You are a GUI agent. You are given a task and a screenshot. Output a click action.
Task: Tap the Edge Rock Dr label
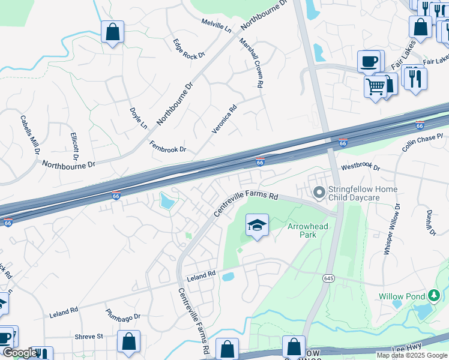189,48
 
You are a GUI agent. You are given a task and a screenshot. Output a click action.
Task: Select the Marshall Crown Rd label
252,64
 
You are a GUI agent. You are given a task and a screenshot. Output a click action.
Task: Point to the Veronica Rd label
224,119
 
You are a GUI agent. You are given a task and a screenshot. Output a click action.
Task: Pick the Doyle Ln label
138,118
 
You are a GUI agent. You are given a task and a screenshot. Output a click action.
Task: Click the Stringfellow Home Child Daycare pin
319,193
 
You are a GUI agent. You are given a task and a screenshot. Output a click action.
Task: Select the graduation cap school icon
257,226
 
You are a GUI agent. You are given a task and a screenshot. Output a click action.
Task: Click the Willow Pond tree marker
434,296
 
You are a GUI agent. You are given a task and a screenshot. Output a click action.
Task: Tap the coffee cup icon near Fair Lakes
369,61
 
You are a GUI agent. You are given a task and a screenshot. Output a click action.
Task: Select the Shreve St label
89,337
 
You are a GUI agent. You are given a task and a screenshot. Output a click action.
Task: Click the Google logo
19,353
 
